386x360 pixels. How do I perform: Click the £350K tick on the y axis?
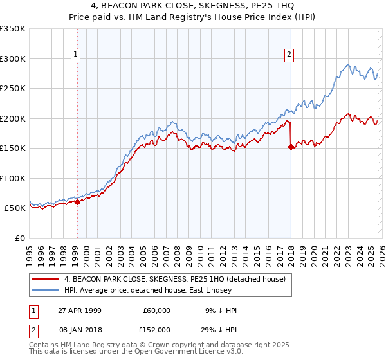coord(13,29)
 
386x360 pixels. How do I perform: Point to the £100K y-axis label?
coord(13,178)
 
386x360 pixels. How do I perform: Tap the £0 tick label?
coord(19,238)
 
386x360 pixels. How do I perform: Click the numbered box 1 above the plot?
coord(77,55)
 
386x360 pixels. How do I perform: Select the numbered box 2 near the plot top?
coord(290,55)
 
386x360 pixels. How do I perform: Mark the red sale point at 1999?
coord(77,202)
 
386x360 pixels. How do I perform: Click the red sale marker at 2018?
coord(291,147)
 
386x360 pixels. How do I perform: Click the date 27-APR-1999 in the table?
coord(80,310)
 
